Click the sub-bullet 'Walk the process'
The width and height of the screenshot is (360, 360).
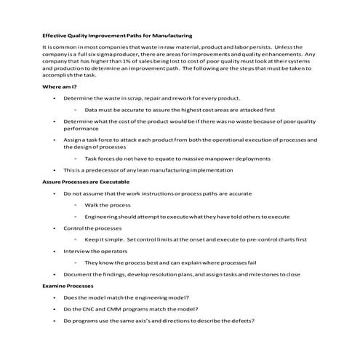(x=106, y=205)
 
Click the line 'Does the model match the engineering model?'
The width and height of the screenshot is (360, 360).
(x=126, y=297)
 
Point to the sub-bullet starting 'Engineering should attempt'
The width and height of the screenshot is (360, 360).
(x=187, y=216)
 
